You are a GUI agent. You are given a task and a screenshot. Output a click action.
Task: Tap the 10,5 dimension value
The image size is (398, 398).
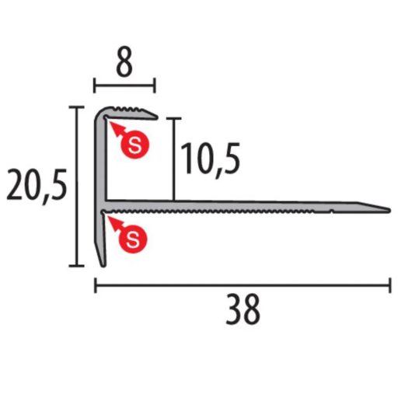coord(209,159)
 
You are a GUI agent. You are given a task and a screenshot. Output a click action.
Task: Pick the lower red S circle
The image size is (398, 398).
coord(135,239)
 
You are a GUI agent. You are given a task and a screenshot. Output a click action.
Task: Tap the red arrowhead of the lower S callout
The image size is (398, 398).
coord(113,221)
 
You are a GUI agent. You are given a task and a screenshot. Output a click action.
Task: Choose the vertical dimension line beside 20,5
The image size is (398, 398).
coord(76,187)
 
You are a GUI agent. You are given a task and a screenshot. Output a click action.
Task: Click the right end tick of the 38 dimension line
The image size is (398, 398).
coord(390,285)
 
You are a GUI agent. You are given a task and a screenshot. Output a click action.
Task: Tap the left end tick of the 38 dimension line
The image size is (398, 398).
coord(95,285)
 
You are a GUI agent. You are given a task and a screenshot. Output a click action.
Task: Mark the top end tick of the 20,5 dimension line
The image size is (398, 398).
coord(76,108)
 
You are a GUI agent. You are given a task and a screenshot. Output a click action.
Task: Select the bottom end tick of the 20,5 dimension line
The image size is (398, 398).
coord(76,265)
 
